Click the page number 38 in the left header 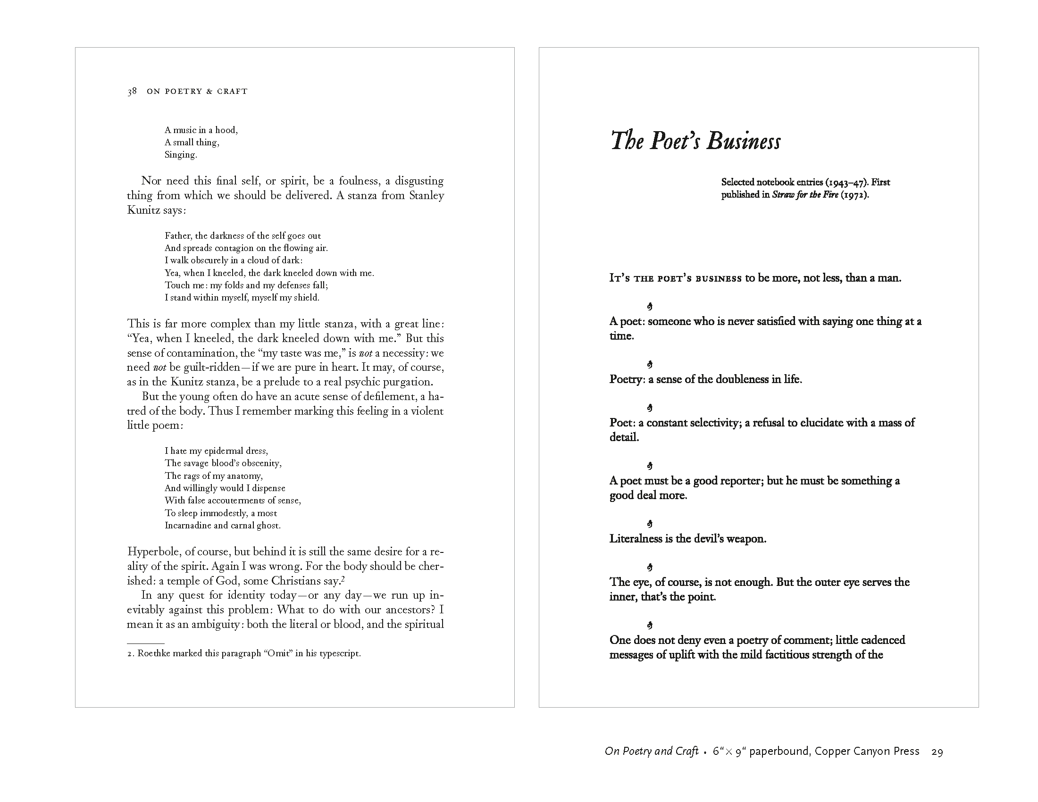coord(132,91)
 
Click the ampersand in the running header coord(209,92)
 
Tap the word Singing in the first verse coord(180,155)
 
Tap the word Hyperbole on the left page coord(153,551)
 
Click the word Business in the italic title coord(743,141)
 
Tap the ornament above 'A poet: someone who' coord(650,307)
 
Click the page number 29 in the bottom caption coord(937,752)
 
